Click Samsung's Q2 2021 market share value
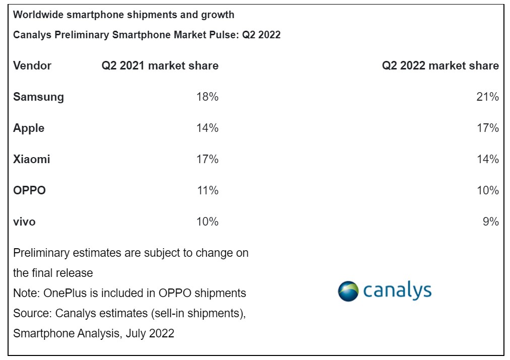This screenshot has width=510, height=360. [x=207, y=97]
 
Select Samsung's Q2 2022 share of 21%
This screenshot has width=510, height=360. [x=488, y=97]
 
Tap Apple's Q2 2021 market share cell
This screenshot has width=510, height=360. [x=207, y=128]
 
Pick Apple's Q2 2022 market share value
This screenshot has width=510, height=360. [x=488, y=128]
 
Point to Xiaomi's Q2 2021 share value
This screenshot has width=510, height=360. [x=207, y=159]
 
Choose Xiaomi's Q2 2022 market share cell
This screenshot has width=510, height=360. [x=488, y=159]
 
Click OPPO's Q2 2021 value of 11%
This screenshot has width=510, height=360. [x=207, y=190]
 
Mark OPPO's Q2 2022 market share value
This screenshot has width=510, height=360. [x=488, y=190]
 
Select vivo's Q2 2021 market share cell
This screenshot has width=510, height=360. [x=207, y=222]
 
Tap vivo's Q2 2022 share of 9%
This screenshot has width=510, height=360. [x=490, y=222]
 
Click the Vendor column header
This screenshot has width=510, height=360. [x=32, y=65]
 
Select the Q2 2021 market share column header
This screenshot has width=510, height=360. [x=160, y=65]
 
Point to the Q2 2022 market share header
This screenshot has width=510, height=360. [x=440, y=65]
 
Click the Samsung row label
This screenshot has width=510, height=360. [x=38, y=97]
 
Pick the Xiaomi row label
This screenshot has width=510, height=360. [x=31, y=159]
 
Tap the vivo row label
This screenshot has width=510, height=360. [x=24, y=222]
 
